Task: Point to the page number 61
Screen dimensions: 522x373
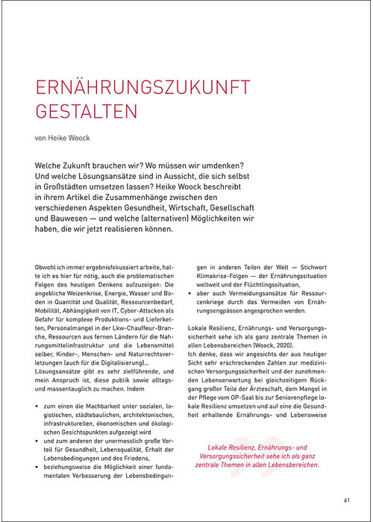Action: point(347,500)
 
